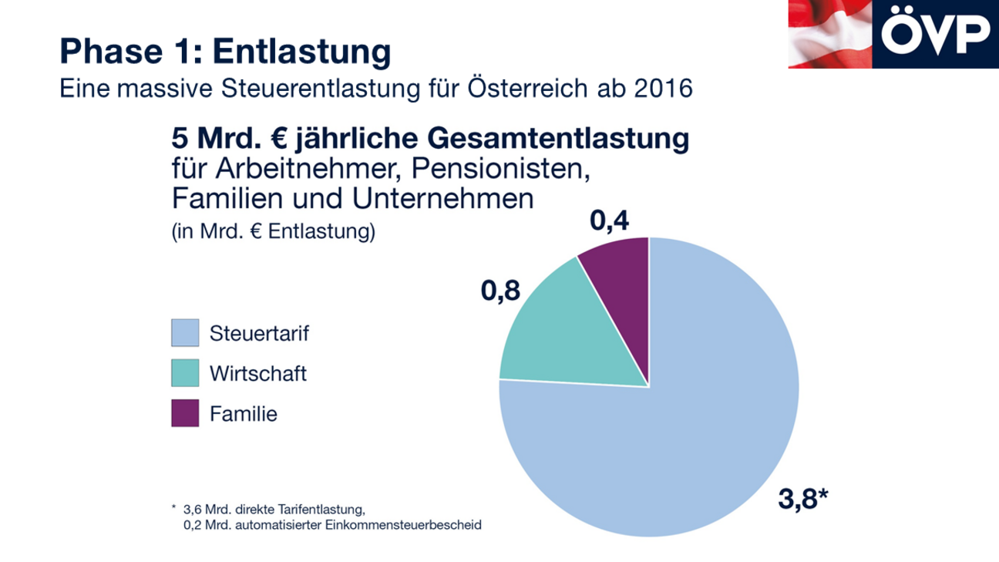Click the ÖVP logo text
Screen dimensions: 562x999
(x=935, y=34)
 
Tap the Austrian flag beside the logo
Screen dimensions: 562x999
(x=829, y=34)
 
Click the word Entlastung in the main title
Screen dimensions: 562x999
(x=301, y=52)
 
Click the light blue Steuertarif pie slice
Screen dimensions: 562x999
(x=678, y=432)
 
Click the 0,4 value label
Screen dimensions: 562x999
(x=610, y=220)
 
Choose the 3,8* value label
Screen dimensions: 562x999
(x=802, y=500)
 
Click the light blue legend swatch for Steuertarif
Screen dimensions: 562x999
(x=185, y=333)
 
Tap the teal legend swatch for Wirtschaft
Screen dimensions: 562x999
(x=185, y=373)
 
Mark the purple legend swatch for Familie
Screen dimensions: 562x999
(x=185, y=413)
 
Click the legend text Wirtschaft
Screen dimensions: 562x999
(x=258, y=374)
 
